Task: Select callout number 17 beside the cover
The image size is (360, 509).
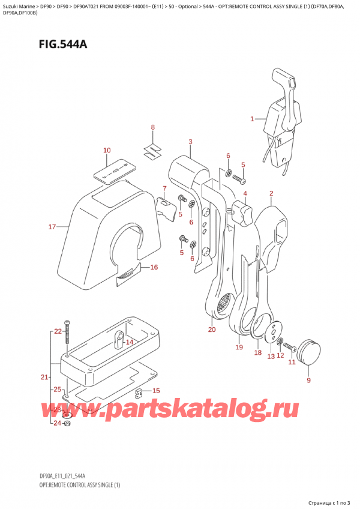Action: (x=52, y=227)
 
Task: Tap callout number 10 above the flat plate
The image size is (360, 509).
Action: (x=107, y=150)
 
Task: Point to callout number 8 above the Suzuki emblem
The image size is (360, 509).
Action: (x=152, y=127)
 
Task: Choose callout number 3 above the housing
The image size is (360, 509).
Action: (x=190, y=142)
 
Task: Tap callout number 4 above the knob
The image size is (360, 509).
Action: (x=245, y=194)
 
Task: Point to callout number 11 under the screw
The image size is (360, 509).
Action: (x=292, y=362)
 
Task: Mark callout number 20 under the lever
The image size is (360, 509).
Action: (x=211, y=330)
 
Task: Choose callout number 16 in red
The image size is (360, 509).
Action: (x=154, y=267)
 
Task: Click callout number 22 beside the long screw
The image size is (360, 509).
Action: (x=56, y=331)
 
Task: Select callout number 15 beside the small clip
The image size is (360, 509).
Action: (x=156, y=391)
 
